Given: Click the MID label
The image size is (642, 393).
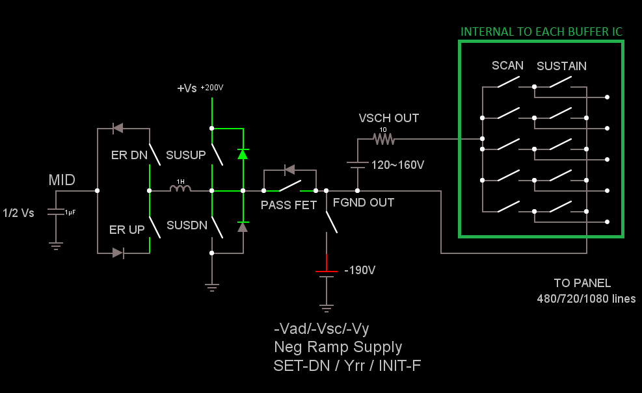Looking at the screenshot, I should point(62,180).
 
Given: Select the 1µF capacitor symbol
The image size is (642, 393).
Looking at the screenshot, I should point(57,212).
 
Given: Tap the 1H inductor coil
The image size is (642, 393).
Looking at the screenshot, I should point(180,189).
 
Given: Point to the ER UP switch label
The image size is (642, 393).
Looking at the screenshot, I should point(127,229).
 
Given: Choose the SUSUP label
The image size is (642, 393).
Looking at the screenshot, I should point(185,155).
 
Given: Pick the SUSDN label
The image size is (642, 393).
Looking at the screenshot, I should point(186,225).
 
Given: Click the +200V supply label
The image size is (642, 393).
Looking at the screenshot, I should point(212,87).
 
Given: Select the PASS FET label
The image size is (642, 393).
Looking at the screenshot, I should point(288,205).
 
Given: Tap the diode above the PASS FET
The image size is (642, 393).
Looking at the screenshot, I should point(289,170).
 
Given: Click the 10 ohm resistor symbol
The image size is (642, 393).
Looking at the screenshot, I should point(383,138).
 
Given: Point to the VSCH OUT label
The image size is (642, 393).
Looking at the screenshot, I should point(389,118).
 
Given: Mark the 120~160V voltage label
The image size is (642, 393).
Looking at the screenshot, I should point(397,165).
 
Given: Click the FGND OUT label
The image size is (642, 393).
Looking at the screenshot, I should point(363,202).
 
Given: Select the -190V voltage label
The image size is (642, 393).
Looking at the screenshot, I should point(360,270).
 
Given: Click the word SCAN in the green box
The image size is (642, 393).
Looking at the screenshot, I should point(507,65).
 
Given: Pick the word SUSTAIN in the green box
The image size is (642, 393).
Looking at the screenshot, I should point(561,66).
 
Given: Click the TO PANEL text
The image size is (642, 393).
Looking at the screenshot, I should point(582,283).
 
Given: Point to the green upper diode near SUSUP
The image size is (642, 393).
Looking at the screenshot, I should point(243,154).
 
